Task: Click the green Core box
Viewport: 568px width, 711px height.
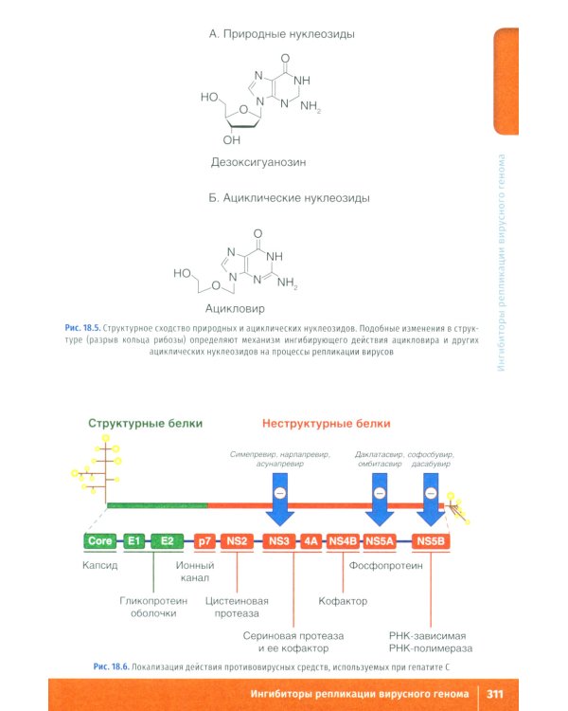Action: coord(100,541)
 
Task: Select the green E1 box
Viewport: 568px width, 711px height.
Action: coord(135,541)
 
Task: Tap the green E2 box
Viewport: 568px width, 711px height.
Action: coord(167,541)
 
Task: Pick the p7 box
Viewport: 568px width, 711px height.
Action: coord(204,541)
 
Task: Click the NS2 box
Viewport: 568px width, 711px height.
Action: coord(237,541)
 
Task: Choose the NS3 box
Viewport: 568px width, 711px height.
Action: coord(278,541)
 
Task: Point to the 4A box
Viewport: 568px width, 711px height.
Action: coord(311,541)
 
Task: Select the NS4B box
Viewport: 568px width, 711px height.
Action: coord(343,541)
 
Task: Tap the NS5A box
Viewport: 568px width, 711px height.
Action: coord(380,541)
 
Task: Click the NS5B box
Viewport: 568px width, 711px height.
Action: coord(431,541)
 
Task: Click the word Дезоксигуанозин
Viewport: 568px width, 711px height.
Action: coord(258,162)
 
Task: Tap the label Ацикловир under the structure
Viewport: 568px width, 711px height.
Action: coord(235,308)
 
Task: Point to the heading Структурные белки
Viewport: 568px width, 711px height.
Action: coord(141,423)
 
